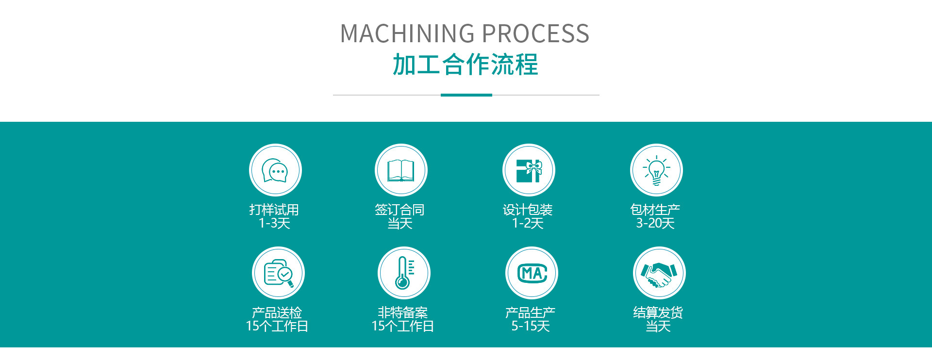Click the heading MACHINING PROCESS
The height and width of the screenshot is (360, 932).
465,33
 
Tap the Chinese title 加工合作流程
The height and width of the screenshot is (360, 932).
465,65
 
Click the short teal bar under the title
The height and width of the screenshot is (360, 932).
466,95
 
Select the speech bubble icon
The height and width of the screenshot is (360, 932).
275,170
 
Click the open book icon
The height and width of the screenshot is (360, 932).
401,170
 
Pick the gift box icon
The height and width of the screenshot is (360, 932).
529,170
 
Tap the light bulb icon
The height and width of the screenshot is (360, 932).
656,170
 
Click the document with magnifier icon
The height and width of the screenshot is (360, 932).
278,273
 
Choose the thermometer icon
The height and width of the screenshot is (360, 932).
404,273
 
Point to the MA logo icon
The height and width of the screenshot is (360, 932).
532,273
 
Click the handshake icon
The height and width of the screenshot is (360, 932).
659,273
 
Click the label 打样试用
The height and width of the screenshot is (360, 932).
274,210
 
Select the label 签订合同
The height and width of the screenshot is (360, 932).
400,210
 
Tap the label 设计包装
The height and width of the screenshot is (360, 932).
528,210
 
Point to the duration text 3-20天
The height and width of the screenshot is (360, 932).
655,223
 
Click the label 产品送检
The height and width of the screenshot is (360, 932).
277,312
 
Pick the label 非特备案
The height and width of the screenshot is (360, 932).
403,312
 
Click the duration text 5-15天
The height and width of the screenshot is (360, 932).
531,326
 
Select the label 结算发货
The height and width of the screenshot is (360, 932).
658,312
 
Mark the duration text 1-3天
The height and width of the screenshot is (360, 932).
274,223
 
